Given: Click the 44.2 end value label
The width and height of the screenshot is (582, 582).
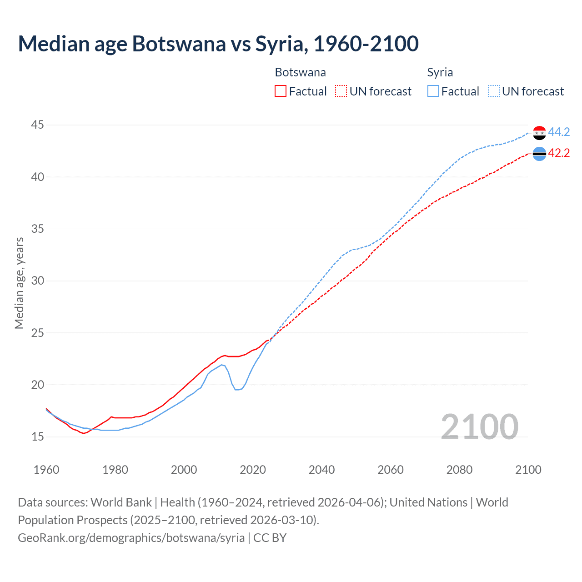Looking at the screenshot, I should pyautogui.click(x=559, y=132).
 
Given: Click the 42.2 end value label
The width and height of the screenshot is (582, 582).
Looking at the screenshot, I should pyautogui.click(x=559, y=153).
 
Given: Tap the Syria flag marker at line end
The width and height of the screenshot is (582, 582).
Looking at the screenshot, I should pyautogui.click(x=539, y=133).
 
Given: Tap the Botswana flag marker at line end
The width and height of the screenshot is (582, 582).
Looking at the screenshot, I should pyautogui.click(x=539, y=154).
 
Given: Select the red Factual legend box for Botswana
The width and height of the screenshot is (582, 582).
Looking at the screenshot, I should pyautogui.click(x=281, y=91).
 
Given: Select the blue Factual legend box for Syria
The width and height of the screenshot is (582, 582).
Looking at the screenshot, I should pyautogui.click(x=433, y=91).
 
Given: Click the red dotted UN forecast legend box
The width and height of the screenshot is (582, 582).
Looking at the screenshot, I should pyautogui.click(x=341, y=91).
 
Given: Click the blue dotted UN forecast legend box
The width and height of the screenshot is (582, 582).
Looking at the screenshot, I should pyautogui.click(x=493, y=91).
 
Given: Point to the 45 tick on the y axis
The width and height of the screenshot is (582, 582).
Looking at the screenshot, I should pyautogui.click(x=38, y=125).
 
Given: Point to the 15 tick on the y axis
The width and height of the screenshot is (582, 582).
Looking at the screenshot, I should pyautogui.click(x=38, y=437).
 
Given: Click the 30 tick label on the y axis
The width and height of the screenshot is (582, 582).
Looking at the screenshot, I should pyautogui.click(x=38, y=281).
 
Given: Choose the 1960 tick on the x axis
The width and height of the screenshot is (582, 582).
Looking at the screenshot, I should pyautogui.click(x=46, y=470).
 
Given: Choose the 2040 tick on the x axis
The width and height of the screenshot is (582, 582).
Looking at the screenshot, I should pyautogui.click(x=321, y=470).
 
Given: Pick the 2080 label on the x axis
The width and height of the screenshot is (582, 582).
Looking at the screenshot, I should pyautogui.click(x=459, y=470).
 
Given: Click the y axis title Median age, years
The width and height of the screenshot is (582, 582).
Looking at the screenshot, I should pyautogui.click(x=19, y=283).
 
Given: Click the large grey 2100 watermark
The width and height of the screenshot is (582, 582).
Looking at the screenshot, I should pyautogui.click(x=479, y=426).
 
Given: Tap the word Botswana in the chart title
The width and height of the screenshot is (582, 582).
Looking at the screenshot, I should pyautogui.click(x=179, y=44).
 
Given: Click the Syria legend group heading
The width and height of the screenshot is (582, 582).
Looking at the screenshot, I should pyautogui.click(x=440, y=72).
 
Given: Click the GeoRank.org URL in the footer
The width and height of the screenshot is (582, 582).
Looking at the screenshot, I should pyautogui.click(x=131, y=538).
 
